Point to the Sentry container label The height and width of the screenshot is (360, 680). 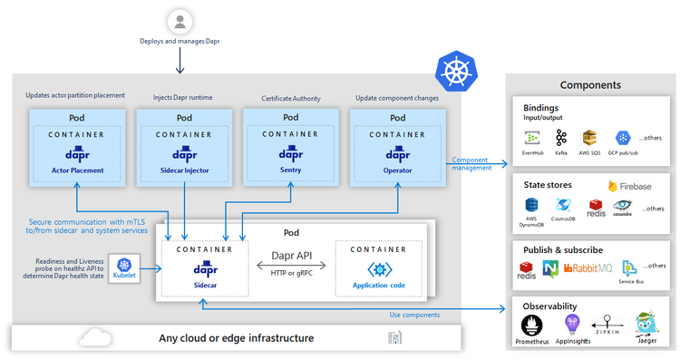click(290, 169)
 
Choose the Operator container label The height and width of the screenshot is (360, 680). click(397, 170)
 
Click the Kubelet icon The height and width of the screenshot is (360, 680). click(124, 268)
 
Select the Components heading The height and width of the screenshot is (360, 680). click(590, 85)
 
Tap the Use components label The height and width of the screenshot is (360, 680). click(415, 315)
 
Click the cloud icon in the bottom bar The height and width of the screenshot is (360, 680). click(93, 337)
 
